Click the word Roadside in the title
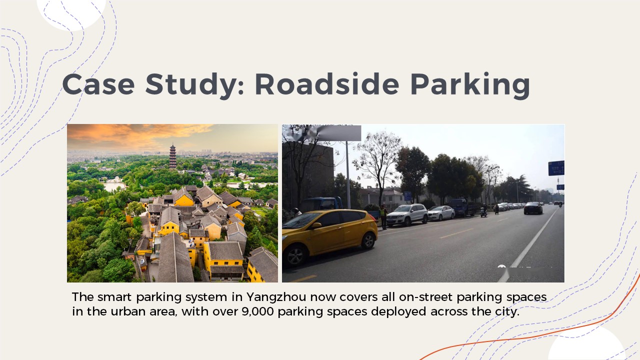pos(327,84)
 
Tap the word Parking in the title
pos(470,85)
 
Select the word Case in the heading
pos(98,84)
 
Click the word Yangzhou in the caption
pos(276,297)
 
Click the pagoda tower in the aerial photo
pos(172,156)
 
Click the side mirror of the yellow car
pos(316,225)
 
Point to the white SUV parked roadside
pos(407,214)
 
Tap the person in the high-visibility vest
pos(383,217)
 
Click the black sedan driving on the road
pos(533,208)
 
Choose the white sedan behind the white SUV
pos(441,213)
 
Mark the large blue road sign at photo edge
pos(556,168)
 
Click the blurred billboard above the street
pos(337,133)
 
